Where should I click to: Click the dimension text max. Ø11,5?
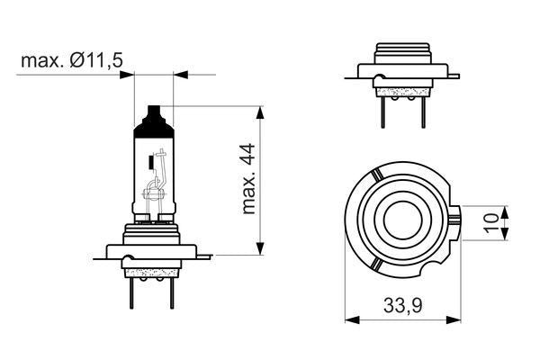(x=72, y=60)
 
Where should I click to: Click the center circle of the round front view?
(x=399, y=220)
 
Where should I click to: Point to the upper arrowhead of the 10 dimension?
(x=505, y=211)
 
